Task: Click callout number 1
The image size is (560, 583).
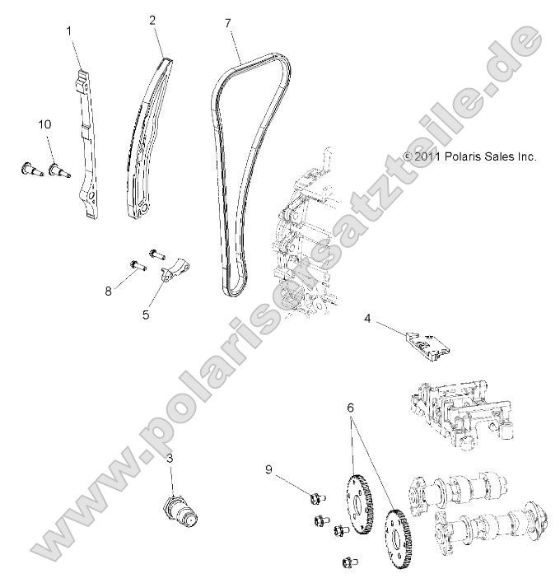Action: (x=69, y=30)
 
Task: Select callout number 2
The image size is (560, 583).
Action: (x=153, y=20)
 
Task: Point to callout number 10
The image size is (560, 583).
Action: (x=44, y=124)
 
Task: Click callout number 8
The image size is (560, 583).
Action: (x=107, y=291)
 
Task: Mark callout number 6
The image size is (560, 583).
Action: (x=351, y=407)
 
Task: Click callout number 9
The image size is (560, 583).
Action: (x=268, y=469)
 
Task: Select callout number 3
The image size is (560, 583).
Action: (x=170, y=457)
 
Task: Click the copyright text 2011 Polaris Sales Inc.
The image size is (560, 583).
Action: (x=469, y=156)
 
